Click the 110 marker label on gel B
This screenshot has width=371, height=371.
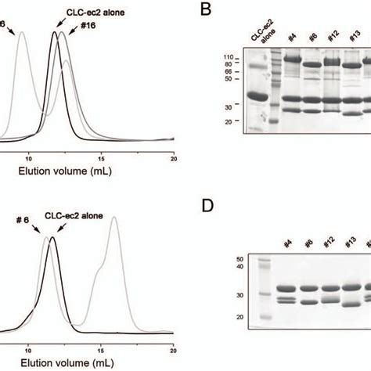tap(229, 57)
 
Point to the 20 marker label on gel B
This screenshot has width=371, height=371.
tap(230, 121)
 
